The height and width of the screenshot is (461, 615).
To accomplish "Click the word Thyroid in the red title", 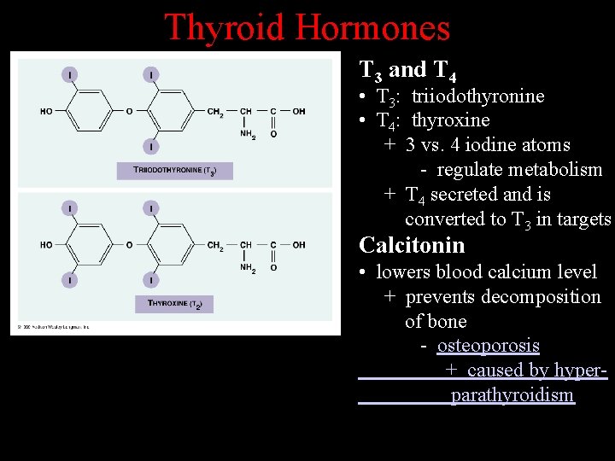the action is [x=224, y=27].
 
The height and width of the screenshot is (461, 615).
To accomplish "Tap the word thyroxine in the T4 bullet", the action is [x=450, y=120].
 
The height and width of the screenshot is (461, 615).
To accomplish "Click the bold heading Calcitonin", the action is [x=412, y=246].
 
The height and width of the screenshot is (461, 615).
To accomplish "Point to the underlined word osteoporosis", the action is [x=488, y=346].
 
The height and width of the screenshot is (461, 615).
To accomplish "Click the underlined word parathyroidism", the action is [x=512, y=395].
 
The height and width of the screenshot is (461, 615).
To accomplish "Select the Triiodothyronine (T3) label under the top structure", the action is [x=174, y=171].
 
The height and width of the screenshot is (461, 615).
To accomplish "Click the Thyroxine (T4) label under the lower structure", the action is [x=174, y=303].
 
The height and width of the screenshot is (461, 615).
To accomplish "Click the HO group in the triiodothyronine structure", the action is [x=46, y=111].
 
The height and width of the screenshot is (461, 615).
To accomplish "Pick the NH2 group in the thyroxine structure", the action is [x=248, y=268].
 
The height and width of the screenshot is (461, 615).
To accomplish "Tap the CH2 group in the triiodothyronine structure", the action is [x=215, y=111].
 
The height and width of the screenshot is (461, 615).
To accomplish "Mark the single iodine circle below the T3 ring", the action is [x=151, y=147].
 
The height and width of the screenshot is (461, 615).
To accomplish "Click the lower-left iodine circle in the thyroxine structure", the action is [x=69, y=279].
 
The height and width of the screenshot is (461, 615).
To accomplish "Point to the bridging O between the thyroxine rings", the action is [x=129, y=245].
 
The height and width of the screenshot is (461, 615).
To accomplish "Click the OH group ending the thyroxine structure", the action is [x=299, y=245].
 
